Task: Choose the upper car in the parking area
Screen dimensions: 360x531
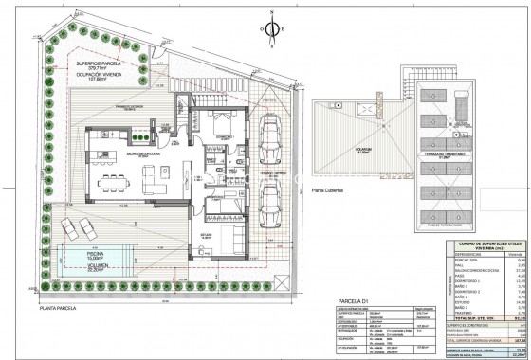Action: (271, 136)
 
